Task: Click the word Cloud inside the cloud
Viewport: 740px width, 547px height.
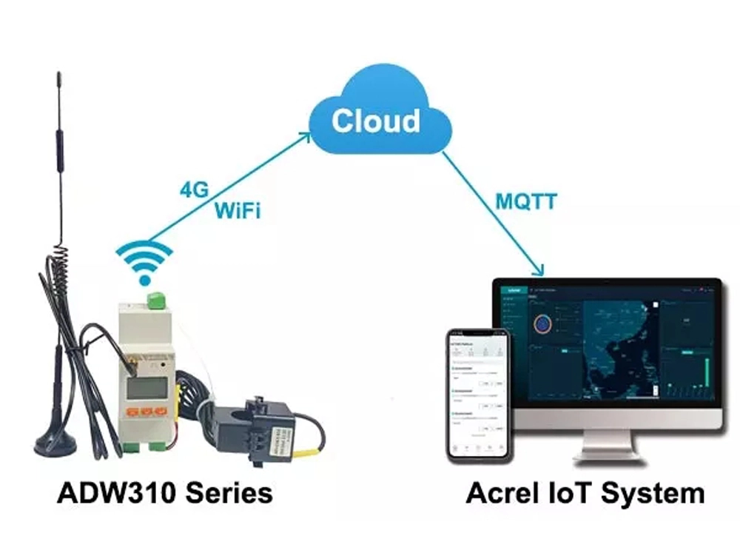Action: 375,121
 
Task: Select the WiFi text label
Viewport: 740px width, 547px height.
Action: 238,211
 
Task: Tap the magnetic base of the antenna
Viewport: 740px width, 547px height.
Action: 55,444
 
